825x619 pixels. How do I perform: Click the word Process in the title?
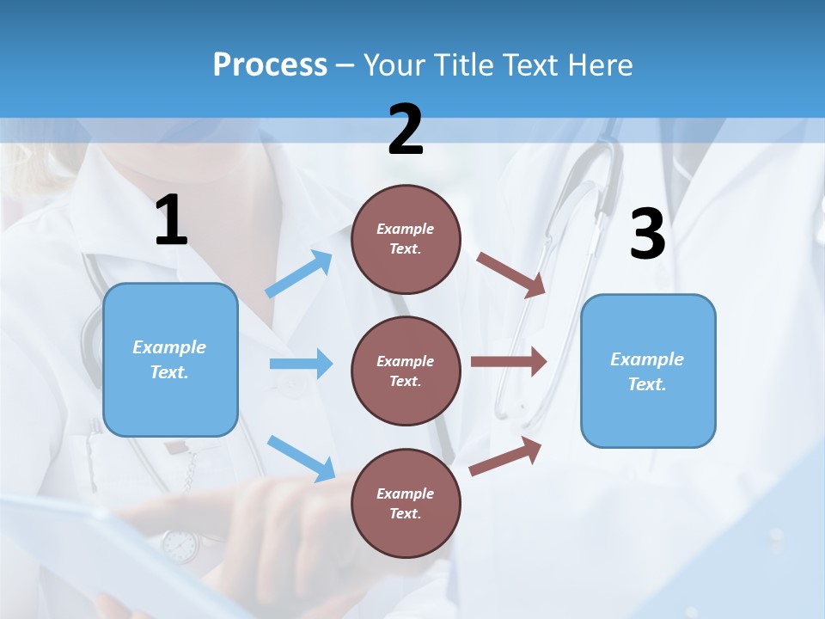pyautogui.click(x=270, y=65)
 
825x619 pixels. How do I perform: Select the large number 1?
pyautogui.click(x=171, y=221)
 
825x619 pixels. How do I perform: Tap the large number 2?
pyautogui.click(x=406, y=131)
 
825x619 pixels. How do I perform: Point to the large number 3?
pyautogui.click(x=647, y=235)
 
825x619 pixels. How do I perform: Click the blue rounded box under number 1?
pyautogui.click(x=170, y=359)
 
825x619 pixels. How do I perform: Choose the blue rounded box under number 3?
pyautogui.click(x=648, y=371)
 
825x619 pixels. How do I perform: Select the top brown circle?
pyautogui.click(x=406, y=239)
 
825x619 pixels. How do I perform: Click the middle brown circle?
pyautogui.click(x=406, y=371)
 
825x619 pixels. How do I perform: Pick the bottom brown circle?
pyautogui.click(x=406, y=503)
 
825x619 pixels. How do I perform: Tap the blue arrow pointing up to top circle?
pyautogui.click(x=299, y=274)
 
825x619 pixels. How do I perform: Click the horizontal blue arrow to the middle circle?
pyautogui.click(x=301, y=364)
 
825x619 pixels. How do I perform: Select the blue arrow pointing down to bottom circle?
pyautogui.click(x=301, y=458)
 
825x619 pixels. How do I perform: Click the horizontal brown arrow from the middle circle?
pyautogui.click(x=509, y=361)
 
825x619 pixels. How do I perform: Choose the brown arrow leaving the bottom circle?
pyautogui.click(x=506, y=456)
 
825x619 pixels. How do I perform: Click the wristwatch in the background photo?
pyautogui.click(x=180, y=545)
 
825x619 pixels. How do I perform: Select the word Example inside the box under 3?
pyautogui.click(x=647, y=359)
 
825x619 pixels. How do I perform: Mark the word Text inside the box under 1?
pyautogui.click(x=169, y=372)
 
